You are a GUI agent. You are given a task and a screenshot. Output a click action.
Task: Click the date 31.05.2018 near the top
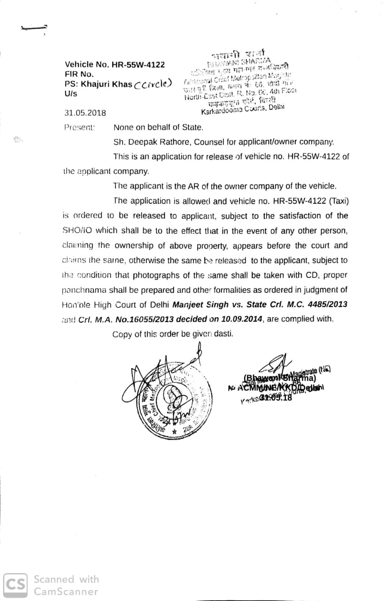pyautogui.click(x=85, y=113)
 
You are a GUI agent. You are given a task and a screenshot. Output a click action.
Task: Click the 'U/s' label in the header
pyautogui.click(x=70, y=94)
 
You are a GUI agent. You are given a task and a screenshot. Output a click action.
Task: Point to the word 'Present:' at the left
pyautogui.click(x=79, y=127)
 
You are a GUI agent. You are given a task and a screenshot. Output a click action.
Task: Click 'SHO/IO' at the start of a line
pyautogui.click(x=77, y=231)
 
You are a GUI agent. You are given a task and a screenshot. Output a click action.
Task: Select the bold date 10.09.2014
pyautogui.click(x=241, y=319)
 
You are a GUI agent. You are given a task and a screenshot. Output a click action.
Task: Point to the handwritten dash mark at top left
pyautogui.click(x=34, y=28)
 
